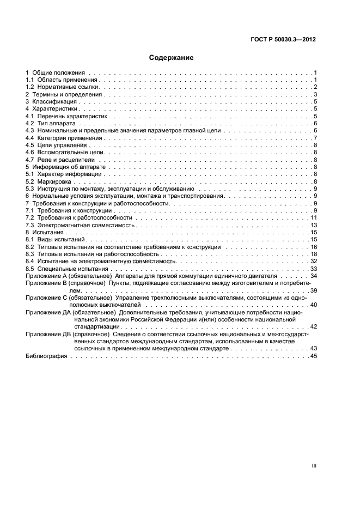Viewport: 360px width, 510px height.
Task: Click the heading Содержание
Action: click(172, 57)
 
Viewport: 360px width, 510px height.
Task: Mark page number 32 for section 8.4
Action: click(313, 262)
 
